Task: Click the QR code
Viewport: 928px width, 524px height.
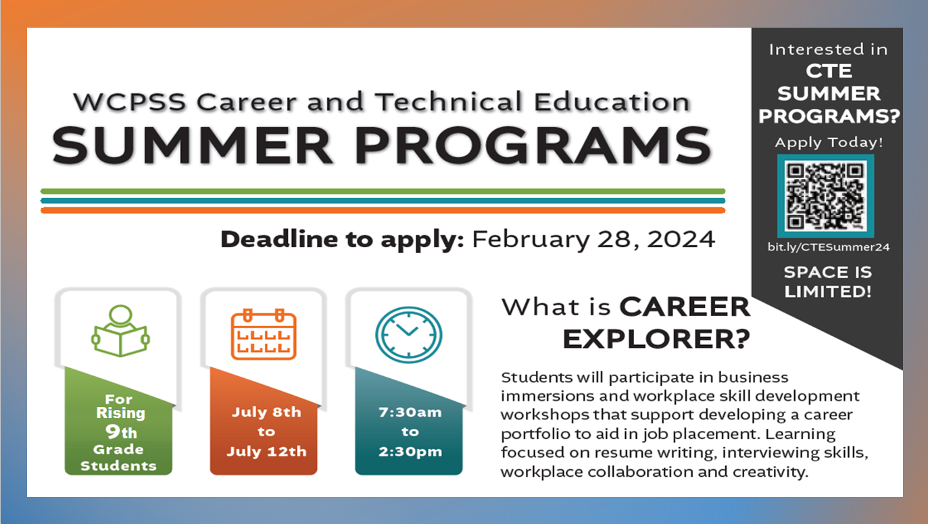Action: coord(826,196)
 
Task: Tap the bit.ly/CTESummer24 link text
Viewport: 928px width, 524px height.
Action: coord(828,247)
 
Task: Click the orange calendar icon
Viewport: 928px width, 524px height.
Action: coord(264,334)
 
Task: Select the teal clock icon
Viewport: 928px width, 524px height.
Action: coord(408,335)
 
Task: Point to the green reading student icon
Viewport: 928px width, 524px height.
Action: coord(120,331)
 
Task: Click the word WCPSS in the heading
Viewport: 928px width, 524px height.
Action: coord(129,102)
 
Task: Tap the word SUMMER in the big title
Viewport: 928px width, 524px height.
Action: coord(192,146)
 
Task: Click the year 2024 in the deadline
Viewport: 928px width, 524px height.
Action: coord(681,239)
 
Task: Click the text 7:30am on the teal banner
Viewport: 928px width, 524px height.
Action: coord(410,413)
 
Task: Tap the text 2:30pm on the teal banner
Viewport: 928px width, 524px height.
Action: coord(410,452)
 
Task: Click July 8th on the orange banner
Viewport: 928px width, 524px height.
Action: coord(266,413)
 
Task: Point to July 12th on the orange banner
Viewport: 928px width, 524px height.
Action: coord(266,452)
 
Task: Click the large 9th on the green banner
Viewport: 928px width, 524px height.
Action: coord(121,431)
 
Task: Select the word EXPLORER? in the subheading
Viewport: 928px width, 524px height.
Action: coord(656,339)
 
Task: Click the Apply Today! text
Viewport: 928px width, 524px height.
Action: coord(829,142)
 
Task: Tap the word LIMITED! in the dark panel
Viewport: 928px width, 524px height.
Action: coord(828,292)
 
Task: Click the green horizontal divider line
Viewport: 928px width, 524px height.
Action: coord(383,191)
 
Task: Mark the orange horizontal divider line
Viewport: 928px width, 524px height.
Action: coord(383,211)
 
